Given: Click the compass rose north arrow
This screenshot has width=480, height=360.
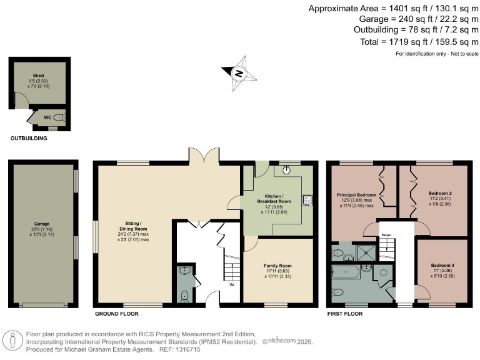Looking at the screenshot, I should click(x=238, y=72).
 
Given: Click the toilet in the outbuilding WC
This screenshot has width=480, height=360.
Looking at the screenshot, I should click(x=59, y=116).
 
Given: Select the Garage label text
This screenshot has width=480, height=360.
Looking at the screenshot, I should click(x=42, y=223).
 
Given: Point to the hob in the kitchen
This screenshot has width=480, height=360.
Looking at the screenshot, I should click(x=307, y=200).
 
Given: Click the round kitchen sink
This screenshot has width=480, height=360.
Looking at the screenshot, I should click(x=286, y=168).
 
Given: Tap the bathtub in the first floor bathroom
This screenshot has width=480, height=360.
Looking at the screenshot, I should click(x=346, y=272).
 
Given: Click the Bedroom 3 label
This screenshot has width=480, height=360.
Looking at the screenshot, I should click(x=443, y=265).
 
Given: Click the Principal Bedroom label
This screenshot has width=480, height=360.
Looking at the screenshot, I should click(x=356, y=194).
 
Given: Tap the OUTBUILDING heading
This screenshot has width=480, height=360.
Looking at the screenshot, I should click(x=29, y=138).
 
